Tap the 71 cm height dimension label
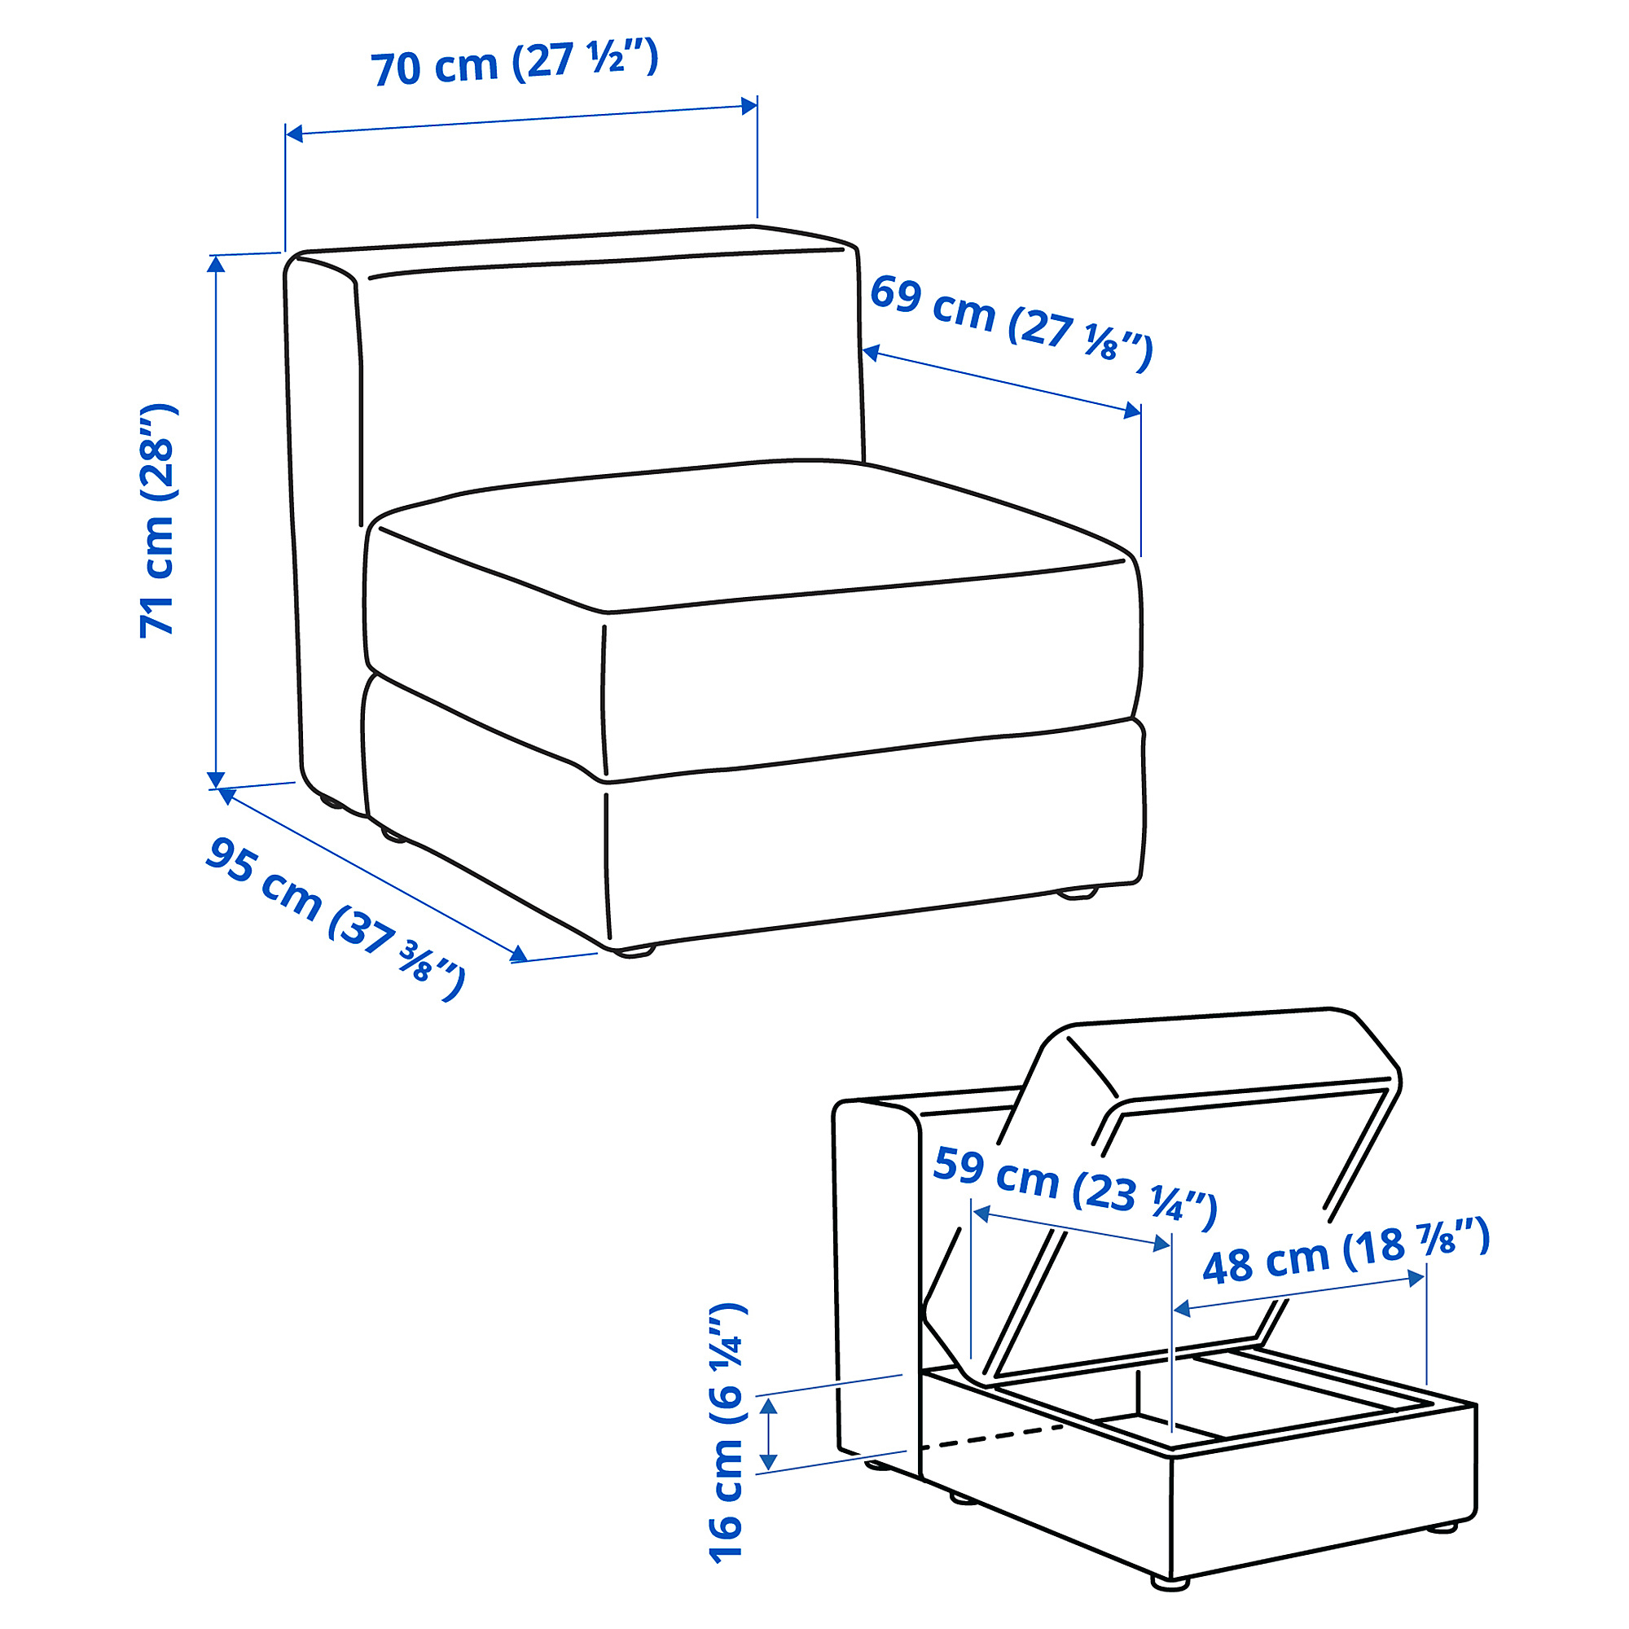click(158, 521)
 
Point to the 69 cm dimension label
click(1010, 323)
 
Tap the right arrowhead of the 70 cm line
click(749, 105)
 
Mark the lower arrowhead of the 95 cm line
click(519, 954)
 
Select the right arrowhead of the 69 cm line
click(1132, 411)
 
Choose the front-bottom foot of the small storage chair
click(1169, 1583)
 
